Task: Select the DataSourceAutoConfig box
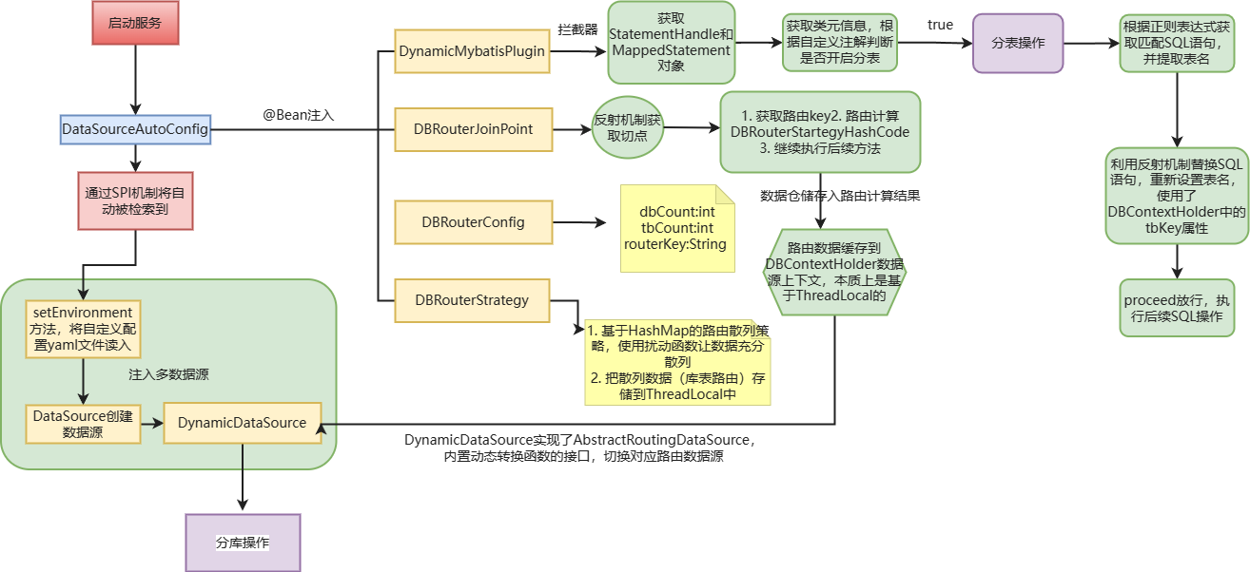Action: pos(135,128)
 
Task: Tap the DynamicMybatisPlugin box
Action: pos(473,51)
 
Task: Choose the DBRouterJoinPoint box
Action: pos(473,128)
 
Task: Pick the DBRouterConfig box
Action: pos(473,222)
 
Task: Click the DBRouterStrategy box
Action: pos(473,300)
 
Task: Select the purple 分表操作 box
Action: pos(1018,43)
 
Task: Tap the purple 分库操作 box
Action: pos(243,543)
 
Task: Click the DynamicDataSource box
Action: pos(243,423)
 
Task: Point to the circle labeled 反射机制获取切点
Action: pos(628,128)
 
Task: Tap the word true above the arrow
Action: pos(940,25)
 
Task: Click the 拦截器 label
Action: pos(576,30)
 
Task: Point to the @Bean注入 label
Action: pos(299,115)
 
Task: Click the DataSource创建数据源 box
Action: pos(83,424)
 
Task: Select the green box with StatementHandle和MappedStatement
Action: pos(671,43)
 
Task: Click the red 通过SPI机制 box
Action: pos(135,200)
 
